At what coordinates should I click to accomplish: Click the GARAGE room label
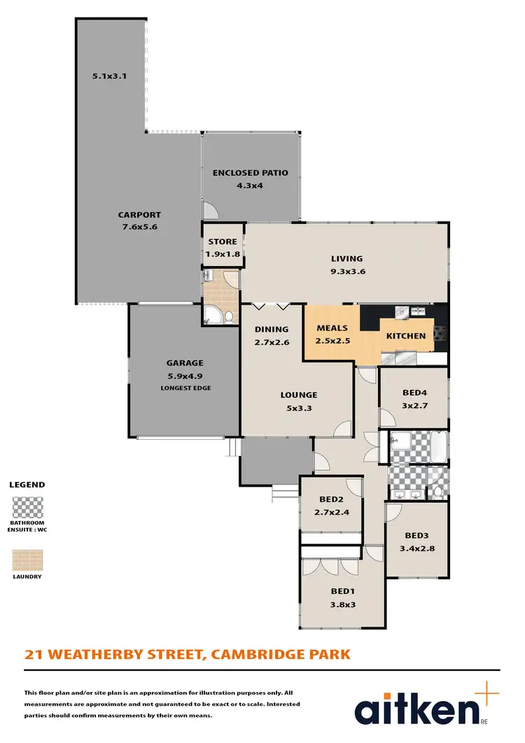click(x=185, y=363)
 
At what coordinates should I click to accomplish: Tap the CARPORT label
click(x=139, y=215)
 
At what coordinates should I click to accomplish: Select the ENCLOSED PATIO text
click(x=251, y=173)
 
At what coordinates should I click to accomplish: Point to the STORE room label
click(x=223, y=242)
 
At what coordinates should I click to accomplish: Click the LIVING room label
click(x=347, y=258)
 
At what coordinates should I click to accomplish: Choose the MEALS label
click(x=332, y=328)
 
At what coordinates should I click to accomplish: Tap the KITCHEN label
click(x=406, y=335)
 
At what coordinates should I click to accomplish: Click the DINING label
click(x=272, y=329)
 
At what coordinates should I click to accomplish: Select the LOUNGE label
click(x=299, y=395)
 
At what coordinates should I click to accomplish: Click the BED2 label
click(x=330, y=500)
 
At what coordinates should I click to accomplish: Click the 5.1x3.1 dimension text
click(x=109, y=76)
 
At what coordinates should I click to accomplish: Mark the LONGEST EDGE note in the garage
click(x=185, y=387)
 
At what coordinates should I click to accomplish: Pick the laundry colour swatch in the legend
click(x=28, y=560)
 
